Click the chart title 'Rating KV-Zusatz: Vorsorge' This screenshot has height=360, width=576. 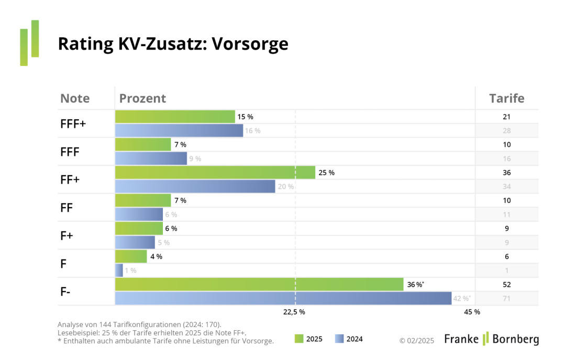[173, 44]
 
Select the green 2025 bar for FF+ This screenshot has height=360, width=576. [215, 173]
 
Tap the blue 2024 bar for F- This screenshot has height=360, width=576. [283, 298]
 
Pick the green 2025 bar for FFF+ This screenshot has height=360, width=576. [174, 117]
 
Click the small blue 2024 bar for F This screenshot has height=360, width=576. [119, 271]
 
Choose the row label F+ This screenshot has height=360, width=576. [68, 235]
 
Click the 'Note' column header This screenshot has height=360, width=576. [75, 98]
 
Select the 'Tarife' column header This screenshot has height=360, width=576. [506, 98]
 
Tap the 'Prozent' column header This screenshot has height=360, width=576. [142, 98]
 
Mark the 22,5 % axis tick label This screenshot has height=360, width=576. [294, 312]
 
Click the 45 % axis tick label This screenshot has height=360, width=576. [472, 312]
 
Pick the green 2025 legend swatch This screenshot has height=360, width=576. [299, 339]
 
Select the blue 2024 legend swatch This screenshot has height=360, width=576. [339, 339]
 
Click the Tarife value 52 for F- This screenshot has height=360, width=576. [506, 285]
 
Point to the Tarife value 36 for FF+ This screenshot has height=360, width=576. [506, 173]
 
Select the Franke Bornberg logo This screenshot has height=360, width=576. [491, 339]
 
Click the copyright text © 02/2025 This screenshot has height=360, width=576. [417, 340]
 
